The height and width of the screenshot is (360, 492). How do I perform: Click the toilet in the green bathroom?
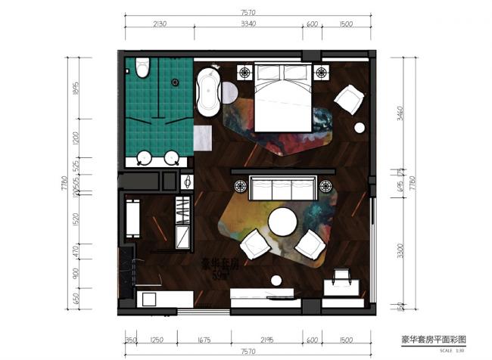point(143,70)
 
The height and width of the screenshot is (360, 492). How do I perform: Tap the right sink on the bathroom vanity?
point(173,159)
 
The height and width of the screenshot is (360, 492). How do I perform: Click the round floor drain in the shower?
point(176,82)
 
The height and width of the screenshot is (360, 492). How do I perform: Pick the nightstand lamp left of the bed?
point(245,73)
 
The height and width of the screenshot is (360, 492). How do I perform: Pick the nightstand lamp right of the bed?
point(322,73)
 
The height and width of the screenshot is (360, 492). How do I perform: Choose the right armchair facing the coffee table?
point(310,244)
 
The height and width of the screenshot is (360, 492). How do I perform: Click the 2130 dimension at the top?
point(158,23)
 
